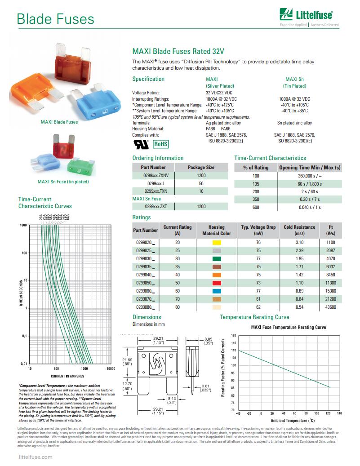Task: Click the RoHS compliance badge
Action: [161, 144]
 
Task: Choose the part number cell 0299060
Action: [145, 291]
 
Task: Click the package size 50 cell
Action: [201, 184]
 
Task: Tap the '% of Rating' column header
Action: [256, 168]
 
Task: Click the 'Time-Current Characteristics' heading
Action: [270, 158]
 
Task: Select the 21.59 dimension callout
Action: [127, 361]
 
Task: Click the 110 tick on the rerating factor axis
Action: [233, 350]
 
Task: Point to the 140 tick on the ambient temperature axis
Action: [339, 413]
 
